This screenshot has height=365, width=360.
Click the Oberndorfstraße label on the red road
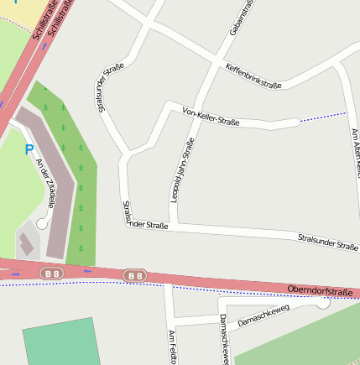[320, 291]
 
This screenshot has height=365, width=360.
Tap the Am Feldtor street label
[172, 347]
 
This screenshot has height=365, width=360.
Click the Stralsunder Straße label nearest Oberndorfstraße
[328, 244]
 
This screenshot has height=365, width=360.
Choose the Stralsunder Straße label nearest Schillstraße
[105, 89]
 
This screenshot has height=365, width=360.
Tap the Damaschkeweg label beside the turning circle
[263, 315]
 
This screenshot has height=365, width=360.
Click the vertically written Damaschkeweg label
[224, 339]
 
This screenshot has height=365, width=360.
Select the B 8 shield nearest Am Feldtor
[134, 275]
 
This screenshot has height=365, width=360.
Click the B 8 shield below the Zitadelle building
[52, 274]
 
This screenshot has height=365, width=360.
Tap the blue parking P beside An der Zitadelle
[29, 150]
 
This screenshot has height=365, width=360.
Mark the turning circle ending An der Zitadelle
[42, 222]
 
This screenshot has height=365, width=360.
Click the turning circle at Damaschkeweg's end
[322, 302]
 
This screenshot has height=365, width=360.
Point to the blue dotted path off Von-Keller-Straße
[323, 117]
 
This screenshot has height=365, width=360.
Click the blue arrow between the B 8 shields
[86, 271]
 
